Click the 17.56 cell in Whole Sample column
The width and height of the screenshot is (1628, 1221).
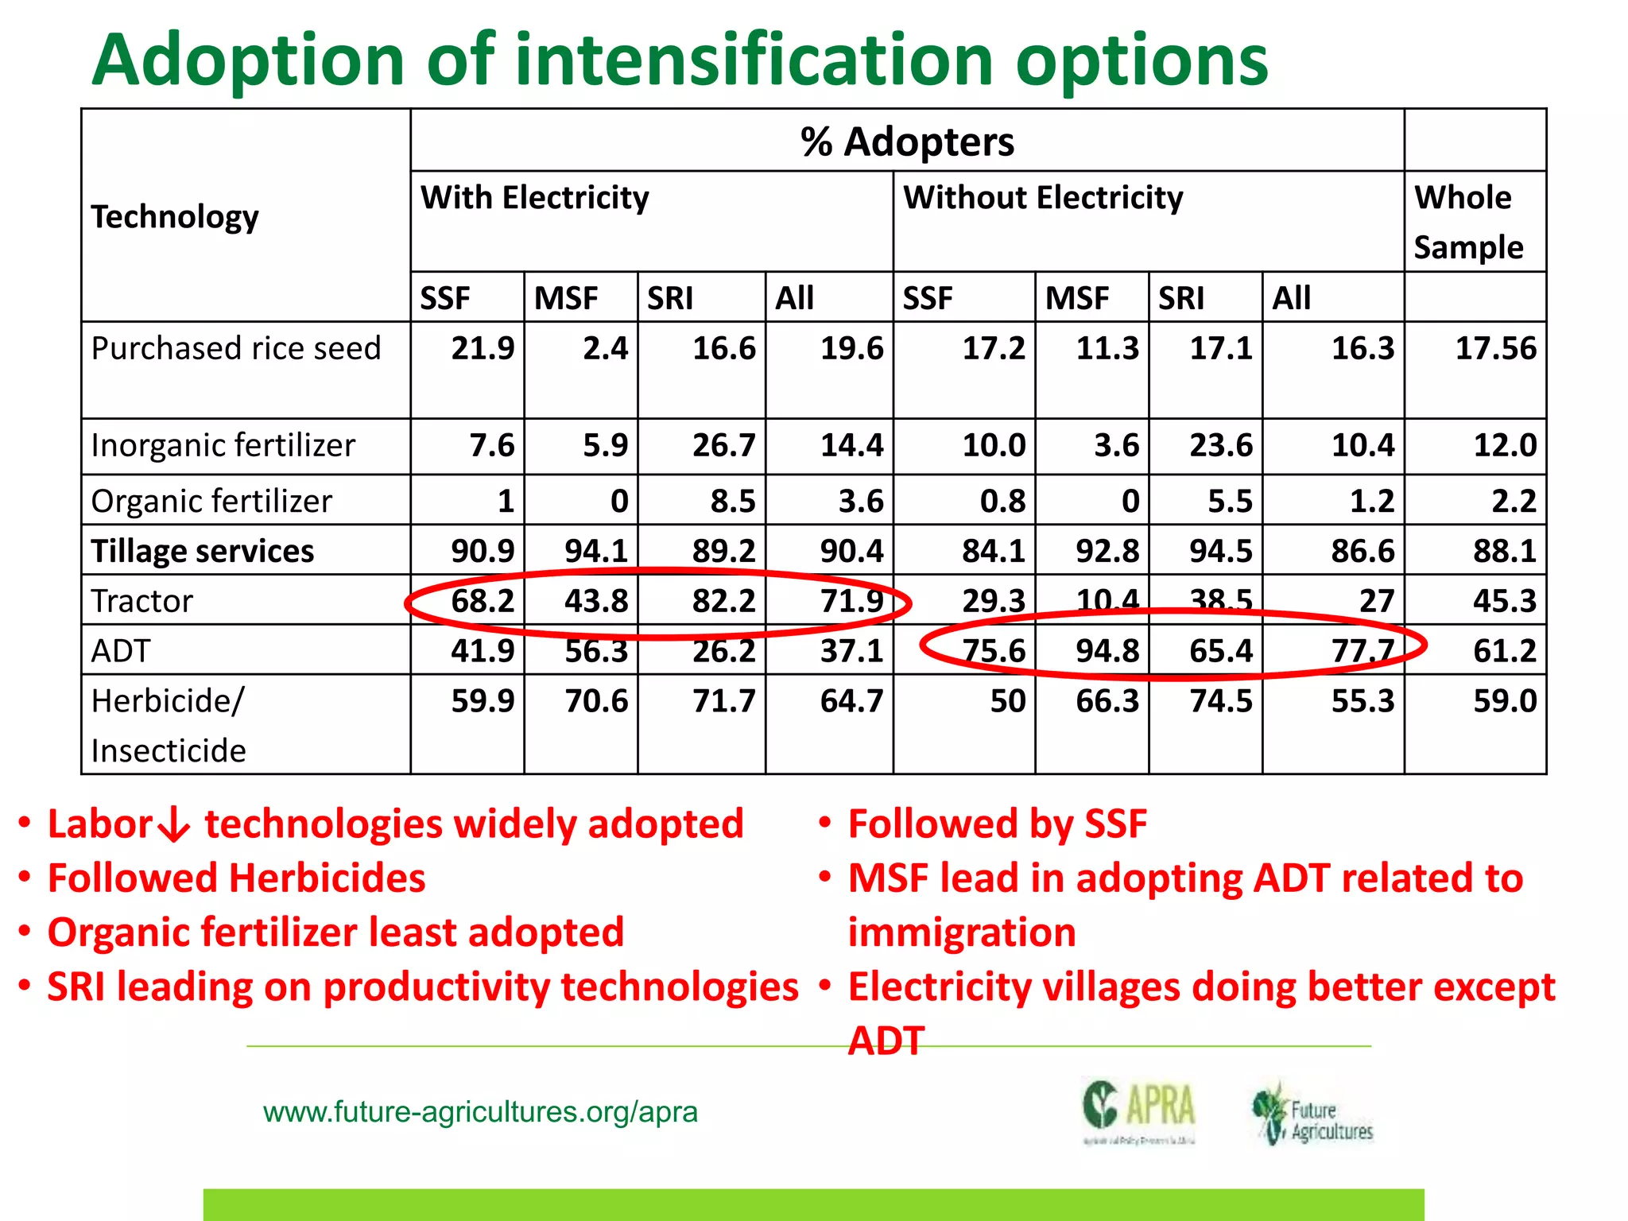pos(1495,348)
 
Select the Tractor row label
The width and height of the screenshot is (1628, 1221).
pos(141,601)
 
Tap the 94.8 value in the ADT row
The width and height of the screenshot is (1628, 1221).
pos(1107,651)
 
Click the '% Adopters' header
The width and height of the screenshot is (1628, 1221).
pos(907,141)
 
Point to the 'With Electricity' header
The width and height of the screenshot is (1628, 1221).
pos(534,197)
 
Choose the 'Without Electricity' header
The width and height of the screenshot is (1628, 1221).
pos(1043,197)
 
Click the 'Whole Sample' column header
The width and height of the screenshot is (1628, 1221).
pos(1467,222)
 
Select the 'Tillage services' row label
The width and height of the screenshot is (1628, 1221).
pos(202,551)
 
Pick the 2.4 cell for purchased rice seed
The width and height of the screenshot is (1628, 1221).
pos(605,348)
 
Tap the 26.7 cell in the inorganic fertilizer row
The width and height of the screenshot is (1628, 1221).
pos(723,445)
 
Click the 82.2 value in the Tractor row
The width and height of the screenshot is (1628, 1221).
pos(723,601)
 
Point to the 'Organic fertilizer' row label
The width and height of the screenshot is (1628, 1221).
pos(211,502)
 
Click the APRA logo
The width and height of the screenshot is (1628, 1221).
pos(1139,1110)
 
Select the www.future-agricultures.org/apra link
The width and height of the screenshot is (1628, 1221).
pos(480,1111)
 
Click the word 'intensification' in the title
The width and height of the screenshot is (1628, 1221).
pos(754,60)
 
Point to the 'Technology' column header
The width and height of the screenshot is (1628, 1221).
pos(175,216)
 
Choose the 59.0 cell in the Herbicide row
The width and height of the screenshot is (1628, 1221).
pos(1504,701)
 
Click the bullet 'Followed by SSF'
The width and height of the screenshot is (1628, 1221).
pos(997,824)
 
